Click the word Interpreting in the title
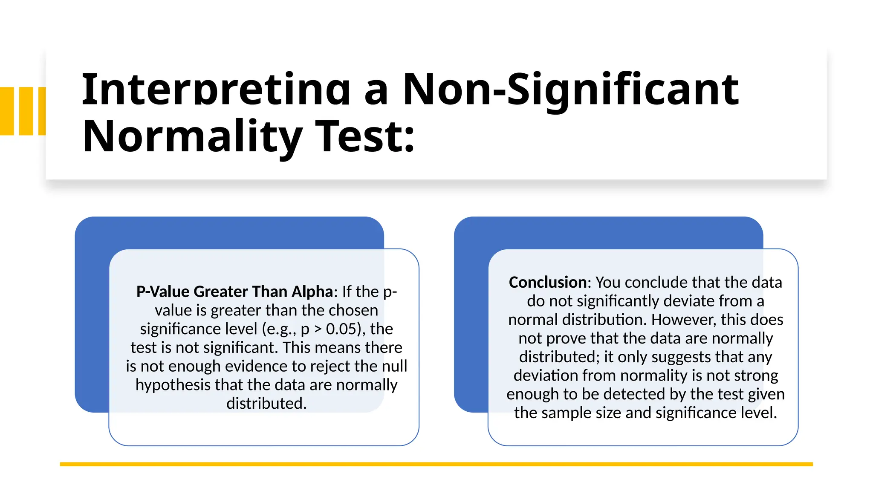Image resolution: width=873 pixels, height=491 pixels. pyautogui.click(x=216, y=90)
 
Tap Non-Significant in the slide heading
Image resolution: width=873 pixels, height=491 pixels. pyautogui.click(x=570, y=90)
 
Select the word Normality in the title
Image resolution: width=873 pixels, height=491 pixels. pyautogui.click(x=192, y=136)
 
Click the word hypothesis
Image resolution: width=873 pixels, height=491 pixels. pyautogui.click(x=173, y=385)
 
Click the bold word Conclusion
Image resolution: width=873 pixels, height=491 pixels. pyautogui.click(x=547, y=282)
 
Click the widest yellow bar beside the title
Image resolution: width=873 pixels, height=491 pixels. pyautogui.click(x=7, y=111)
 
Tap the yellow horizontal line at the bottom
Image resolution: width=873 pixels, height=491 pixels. pyautogui.click(x=436, y=464)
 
